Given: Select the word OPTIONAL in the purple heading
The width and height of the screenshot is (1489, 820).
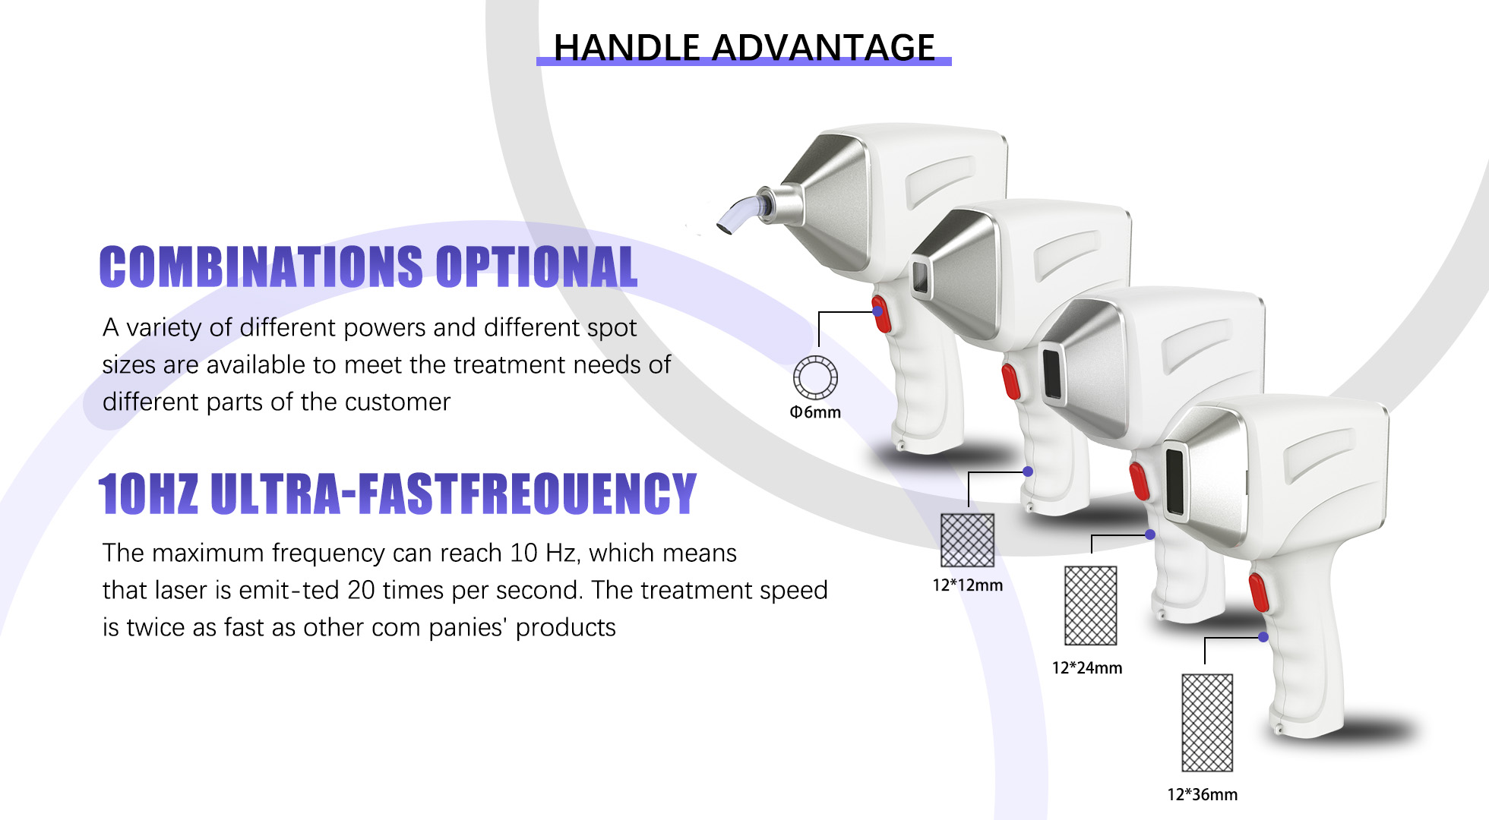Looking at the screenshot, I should pos(536,267).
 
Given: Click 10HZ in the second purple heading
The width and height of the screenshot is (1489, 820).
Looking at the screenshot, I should pos(148,494).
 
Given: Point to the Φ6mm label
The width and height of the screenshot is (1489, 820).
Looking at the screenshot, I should pos(815,412).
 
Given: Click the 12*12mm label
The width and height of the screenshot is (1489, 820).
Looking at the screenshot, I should pos(967,585).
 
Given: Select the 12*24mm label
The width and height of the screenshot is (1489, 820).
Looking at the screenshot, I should pos(1086,668).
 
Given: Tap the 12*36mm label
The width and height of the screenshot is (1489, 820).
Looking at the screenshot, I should pos(1202,795).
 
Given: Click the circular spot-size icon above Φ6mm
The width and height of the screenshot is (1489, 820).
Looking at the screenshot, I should pos(815,377).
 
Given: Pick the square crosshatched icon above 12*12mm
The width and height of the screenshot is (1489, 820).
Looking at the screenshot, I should pos(967,540).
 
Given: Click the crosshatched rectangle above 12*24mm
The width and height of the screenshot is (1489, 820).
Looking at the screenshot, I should pos(1090,605).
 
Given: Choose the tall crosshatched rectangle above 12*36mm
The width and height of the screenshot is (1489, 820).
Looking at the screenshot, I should pos(1207,722).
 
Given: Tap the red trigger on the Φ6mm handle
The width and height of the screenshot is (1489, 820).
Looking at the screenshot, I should pos(881,314).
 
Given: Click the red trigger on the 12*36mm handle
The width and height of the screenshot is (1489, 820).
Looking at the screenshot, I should pos(1258,592).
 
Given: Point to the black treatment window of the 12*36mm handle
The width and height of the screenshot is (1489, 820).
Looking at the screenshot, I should pos(1174,481).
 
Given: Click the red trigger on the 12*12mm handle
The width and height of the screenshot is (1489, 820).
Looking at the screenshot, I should pos(1010,381).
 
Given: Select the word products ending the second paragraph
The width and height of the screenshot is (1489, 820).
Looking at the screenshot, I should pos(565,627).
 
